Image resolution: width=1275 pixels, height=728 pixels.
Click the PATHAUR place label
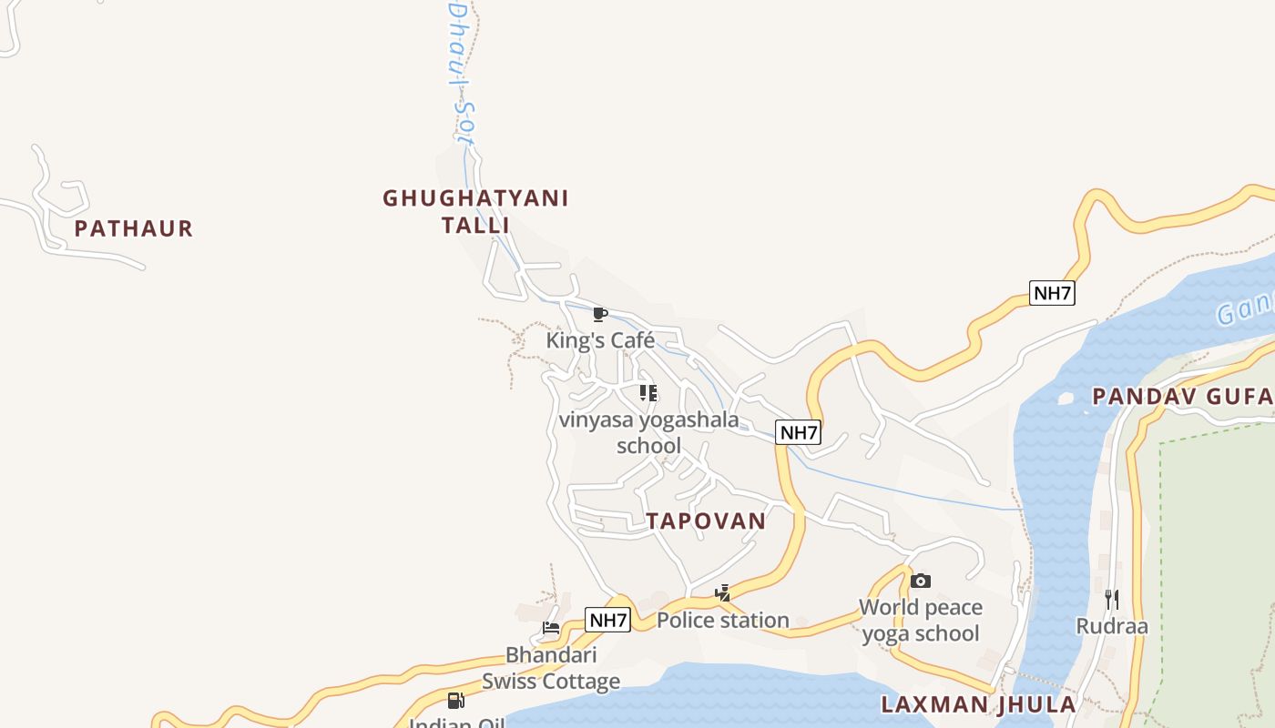coord(134,228)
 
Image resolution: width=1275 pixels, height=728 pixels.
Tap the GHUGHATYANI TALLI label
coord(475,211)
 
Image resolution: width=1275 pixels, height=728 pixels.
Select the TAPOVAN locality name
coord(706,521)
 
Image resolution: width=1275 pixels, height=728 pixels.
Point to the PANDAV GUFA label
coord(1182,396)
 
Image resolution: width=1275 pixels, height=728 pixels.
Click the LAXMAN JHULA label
coord(978,704)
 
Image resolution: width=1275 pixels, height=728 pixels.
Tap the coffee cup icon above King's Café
coord(599,315)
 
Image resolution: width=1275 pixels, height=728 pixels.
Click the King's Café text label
coord(600,340)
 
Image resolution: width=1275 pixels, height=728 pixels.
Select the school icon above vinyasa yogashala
coord(648,393)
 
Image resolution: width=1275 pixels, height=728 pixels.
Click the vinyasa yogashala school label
coord(648,432)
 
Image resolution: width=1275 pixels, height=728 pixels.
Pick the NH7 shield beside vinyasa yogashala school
coord(799,432)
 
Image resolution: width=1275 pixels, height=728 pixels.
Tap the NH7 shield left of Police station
coord(607,621)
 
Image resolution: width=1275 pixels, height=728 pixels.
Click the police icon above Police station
coord(722,594)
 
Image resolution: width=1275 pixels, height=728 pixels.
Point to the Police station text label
coord(723,621)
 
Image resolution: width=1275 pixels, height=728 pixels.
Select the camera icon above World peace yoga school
coord(921,581)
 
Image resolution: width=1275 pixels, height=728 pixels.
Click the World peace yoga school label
coord(921,621)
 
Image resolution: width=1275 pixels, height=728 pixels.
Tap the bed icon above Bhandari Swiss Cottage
coord(551,628)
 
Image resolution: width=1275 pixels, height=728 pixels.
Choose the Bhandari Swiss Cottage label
coord(551,668)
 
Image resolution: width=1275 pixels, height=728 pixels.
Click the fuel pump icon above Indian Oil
coord(456,700)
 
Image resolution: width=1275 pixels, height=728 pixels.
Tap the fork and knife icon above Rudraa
coord(1111,599)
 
